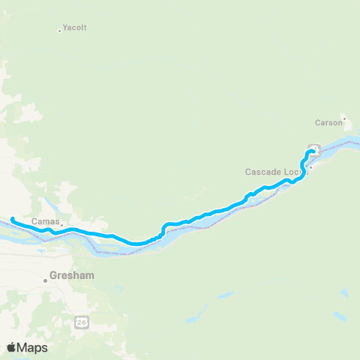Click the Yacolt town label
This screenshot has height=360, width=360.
coord(75,28)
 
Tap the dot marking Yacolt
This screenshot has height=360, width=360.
coord(59,31)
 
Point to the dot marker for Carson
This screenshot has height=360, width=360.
coord(344,118)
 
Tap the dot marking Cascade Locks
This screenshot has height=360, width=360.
coord(310,167)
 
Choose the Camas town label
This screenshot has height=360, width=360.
coord(45,221)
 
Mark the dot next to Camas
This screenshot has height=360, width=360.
coord(62,223)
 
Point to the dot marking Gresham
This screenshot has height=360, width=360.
coord(46,280)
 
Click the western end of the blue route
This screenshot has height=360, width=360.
coord(13,219)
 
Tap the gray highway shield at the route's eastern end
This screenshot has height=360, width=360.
coord(314,148)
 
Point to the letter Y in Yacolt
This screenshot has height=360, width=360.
coord(66,28)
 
